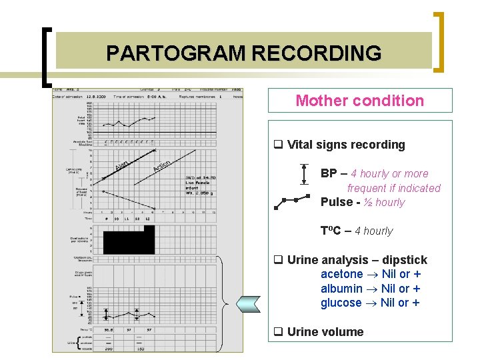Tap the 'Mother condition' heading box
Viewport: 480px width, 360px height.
click(360, 101)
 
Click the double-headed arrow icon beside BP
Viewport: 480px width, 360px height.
click(304, 173)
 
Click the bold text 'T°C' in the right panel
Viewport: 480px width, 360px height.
click(330, 231)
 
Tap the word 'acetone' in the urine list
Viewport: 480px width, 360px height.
click(341, 274)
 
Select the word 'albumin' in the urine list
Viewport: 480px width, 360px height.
click(341, 289)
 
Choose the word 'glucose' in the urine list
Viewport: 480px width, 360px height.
click(341, 303)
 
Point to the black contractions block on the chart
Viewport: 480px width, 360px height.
click(129, 239)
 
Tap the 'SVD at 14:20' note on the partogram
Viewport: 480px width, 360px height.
click(200, 178)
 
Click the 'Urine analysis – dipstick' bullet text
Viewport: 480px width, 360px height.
click(357, 260)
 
